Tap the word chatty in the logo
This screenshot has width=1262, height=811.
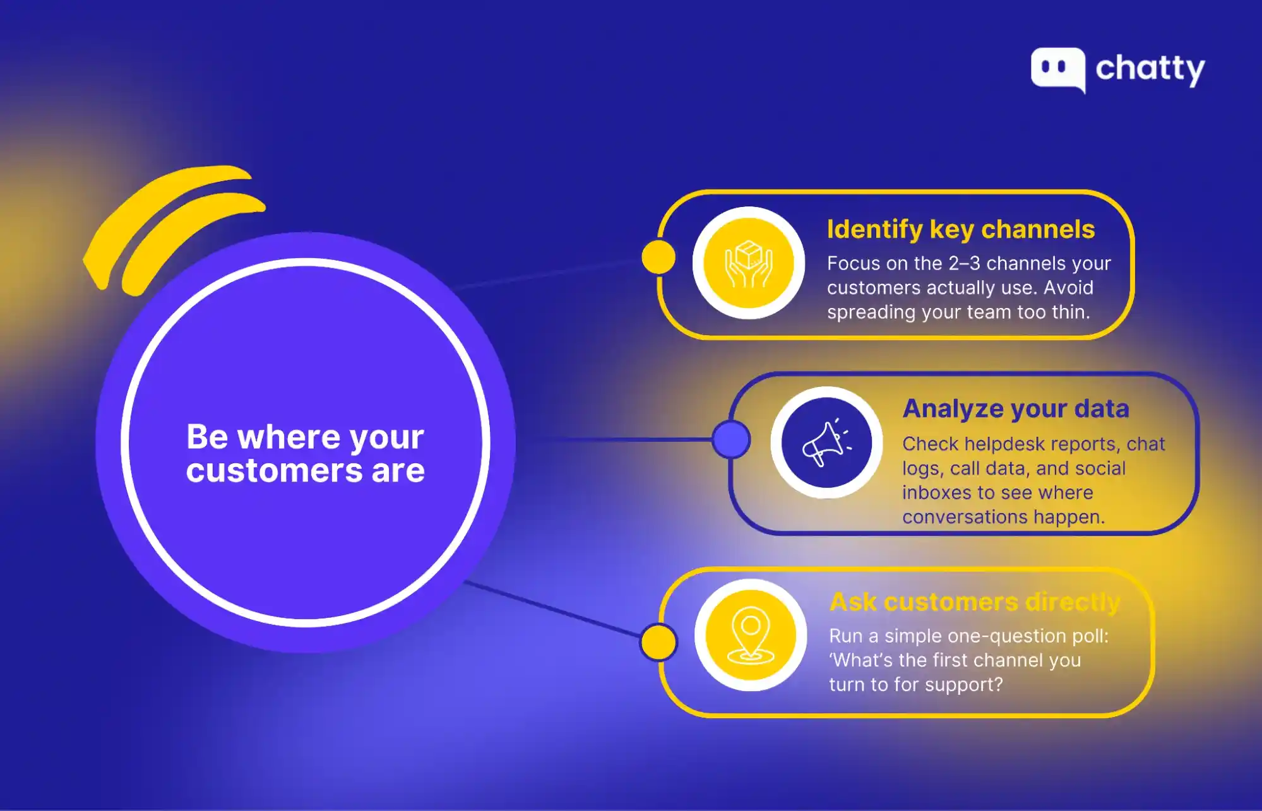(1150, 69)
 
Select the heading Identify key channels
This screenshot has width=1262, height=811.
(960, 230)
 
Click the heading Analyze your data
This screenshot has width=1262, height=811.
(1016, 409)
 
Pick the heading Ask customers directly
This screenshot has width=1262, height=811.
(975, 602)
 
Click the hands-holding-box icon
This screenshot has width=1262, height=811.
(749, 263)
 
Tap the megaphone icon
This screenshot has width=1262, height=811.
(826, 442)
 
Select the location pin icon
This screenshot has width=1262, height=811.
(751, 635)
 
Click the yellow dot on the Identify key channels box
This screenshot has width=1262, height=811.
(658, 257)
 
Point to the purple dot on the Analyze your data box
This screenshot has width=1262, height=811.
(731, 439)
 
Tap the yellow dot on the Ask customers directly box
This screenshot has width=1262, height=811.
(658, 642)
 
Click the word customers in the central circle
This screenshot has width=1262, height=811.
(274, 471)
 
